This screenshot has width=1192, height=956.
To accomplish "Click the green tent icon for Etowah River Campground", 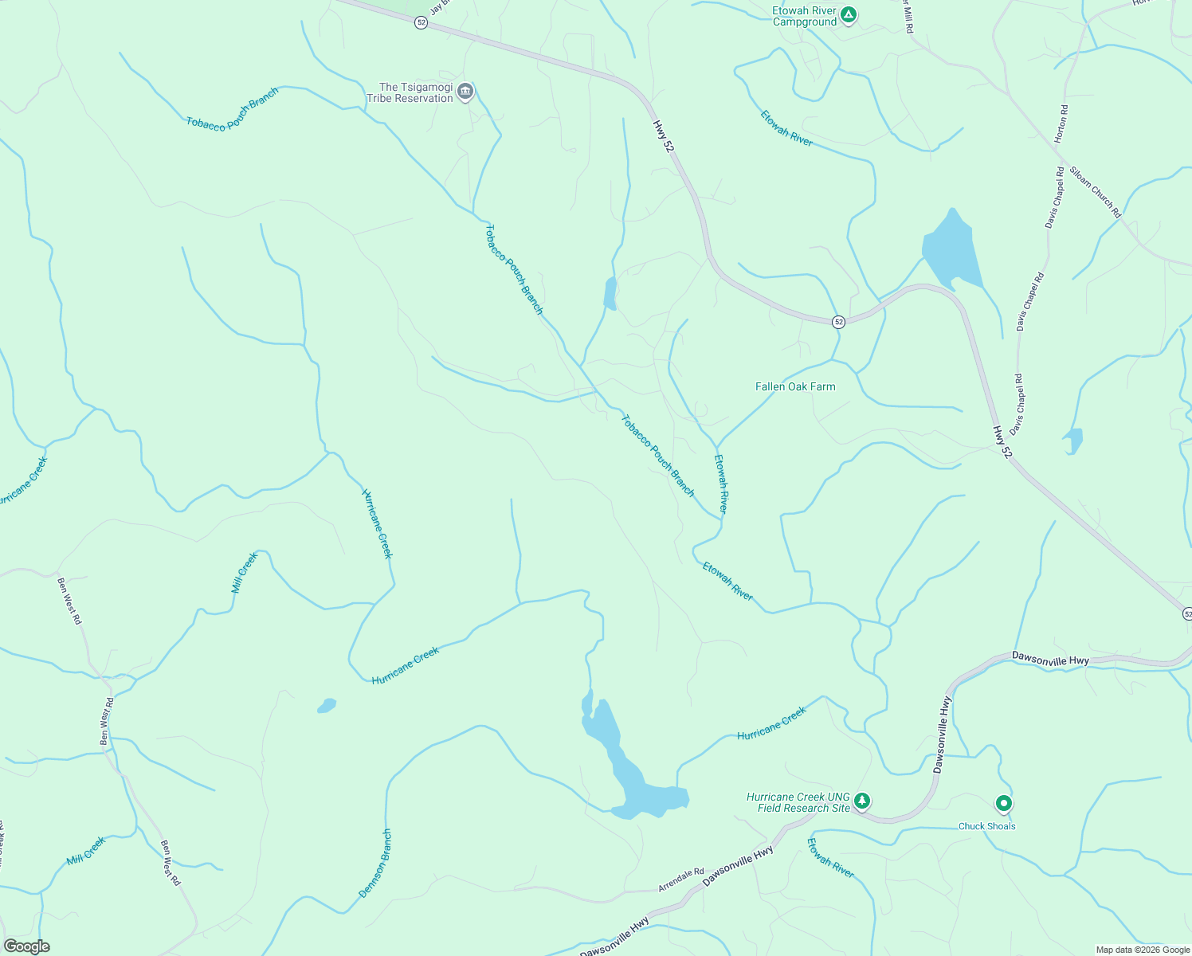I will (x=849, y=14).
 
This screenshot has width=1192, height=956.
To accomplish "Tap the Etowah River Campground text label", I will (x=805, y=17).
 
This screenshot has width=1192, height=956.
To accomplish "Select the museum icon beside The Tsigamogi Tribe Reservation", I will (x=466, y=92).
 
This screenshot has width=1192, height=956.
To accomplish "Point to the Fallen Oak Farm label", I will (x=795, y=386).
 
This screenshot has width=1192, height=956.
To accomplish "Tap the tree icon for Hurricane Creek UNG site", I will (x=861, y=800).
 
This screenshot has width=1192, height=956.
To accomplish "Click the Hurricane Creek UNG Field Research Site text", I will (x=798, y=802).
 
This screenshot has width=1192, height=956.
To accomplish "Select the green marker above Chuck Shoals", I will (x=1004, y=804).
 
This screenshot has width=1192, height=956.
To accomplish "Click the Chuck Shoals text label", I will (x=986, y=826).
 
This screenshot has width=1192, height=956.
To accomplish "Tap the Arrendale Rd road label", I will (x=681, y=880).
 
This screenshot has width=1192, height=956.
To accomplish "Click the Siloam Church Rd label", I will (x=1095, y=192).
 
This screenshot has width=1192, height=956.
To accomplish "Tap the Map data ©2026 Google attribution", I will (x=1142, y=950).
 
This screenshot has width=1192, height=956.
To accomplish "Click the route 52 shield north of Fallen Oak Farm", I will (x=838, y=322).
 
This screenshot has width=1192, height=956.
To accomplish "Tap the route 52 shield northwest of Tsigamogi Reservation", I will (x=421, y=23).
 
